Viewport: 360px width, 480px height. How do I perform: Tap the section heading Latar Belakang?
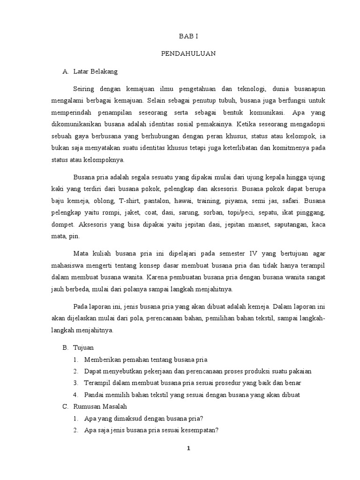point(96,72)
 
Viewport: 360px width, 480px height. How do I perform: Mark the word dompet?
point(62,225)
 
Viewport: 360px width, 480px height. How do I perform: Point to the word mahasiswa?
point(68,265)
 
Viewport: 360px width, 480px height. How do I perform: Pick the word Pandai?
point(95,395)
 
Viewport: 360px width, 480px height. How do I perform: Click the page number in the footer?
point(188,449)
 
